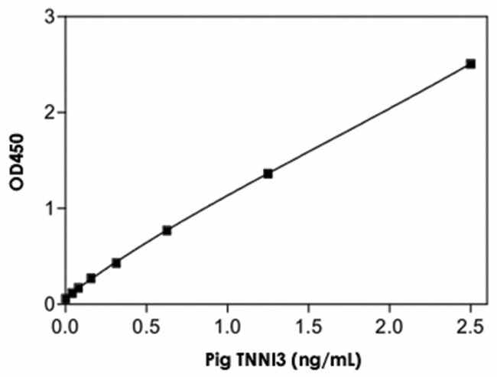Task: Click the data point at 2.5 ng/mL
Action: pos(470,63)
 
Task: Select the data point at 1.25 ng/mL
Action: pos(268,174)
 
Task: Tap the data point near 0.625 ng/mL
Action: pos(167,230)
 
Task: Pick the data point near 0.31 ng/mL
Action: pos(116,262)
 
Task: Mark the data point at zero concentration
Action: pos(66,298)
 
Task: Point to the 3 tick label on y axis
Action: pos(49,17)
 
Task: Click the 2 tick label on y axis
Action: pos(49,112)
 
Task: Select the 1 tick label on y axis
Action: pos(49,208)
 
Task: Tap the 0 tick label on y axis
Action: pos(49,304)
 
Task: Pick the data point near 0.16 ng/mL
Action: pos(91,278)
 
